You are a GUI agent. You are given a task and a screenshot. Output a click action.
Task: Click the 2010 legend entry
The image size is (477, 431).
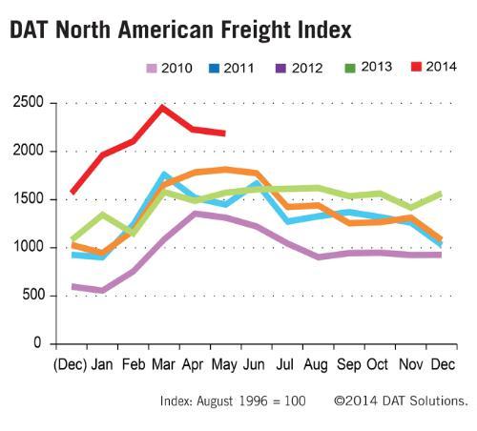(x=169, y=68)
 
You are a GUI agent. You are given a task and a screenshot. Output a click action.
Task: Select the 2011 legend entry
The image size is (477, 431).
(x=231, y=68)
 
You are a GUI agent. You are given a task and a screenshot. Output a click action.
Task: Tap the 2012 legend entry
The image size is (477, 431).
(x=299, y=68)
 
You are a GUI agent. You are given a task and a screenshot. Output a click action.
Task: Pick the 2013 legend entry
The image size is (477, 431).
(x=368, y=67)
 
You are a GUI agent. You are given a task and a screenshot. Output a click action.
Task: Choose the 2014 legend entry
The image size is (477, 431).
(x=434, y=67)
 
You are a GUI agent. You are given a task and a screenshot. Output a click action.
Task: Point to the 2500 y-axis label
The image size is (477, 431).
(x=28, y=102)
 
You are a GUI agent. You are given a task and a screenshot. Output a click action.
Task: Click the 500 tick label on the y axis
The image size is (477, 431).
(x=32, y=295)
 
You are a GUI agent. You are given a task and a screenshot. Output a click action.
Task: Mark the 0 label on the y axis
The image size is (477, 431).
(x=37, y=342)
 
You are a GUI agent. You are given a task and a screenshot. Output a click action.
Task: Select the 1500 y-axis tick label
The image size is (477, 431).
(x=28, y=198)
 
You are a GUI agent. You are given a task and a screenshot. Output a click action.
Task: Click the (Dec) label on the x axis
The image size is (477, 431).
(x=70, y=364)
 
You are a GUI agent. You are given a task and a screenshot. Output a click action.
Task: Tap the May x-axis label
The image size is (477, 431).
(x=224, y=365)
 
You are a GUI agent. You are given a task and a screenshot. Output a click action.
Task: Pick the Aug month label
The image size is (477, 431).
(x=316, y=365)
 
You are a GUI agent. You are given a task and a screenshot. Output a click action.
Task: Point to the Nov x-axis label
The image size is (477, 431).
(x=411, y=364)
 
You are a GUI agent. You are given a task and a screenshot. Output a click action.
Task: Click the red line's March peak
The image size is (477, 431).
(x=162, y=108)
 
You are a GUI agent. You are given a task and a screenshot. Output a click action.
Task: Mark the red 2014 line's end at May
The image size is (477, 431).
(x=224, y=133)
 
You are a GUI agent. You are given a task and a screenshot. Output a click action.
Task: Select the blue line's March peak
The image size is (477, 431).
(x=164, y=174)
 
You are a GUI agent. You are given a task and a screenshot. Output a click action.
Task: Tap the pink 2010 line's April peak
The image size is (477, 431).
(x=195, y=214)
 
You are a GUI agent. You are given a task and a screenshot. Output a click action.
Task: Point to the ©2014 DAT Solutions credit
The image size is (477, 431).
(x=401, y=400)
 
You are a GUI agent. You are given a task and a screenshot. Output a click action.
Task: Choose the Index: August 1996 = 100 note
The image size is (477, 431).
(x=233, y=400)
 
